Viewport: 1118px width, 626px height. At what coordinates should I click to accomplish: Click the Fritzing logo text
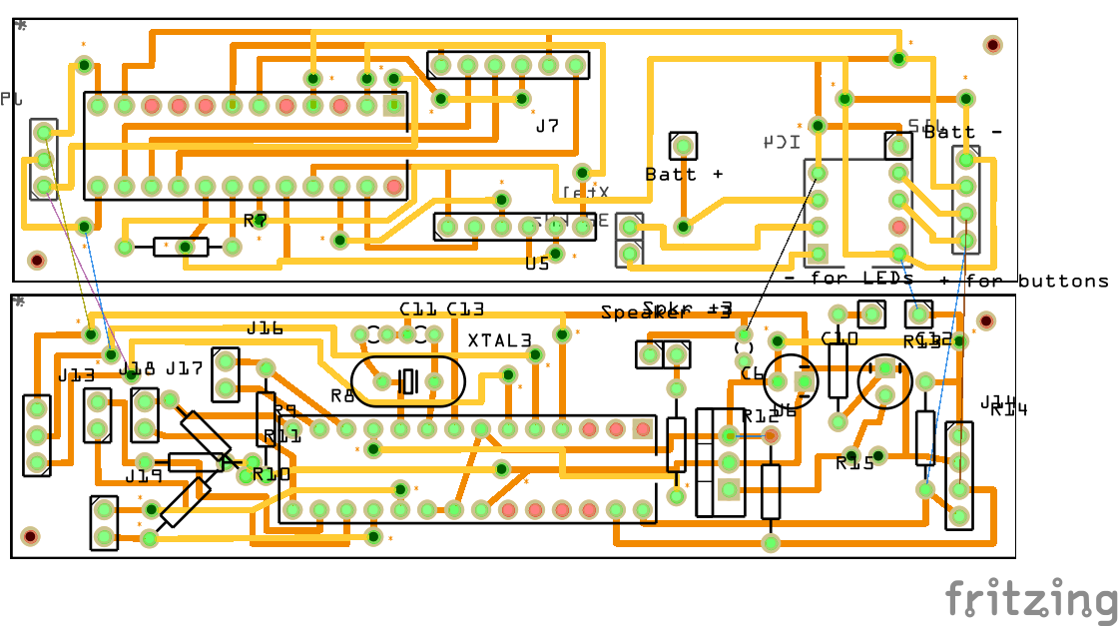point(1031,600)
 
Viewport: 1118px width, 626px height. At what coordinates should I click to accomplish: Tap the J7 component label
point(547,127)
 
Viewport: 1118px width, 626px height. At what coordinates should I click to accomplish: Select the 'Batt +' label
point(684,174)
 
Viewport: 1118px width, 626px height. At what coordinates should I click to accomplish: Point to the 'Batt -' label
point(962,132)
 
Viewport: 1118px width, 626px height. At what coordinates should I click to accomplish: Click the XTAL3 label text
point(500,340)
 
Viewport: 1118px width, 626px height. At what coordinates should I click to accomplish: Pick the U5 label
point(537,265)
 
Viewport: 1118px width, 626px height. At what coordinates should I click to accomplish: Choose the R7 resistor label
point(256,221)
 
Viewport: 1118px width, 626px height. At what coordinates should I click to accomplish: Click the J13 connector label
point(76,375)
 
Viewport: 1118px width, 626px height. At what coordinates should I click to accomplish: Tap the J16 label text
point(265,327)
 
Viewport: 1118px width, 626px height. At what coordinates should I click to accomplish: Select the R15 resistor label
point(854,463)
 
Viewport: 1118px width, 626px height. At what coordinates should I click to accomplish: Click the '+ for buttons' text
point(1024,282)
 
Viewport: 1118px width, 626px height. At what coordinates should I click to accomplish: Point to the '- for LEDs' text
point(848,278)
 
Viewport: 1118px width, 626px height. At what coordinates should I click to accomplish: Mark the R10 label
point(271,474)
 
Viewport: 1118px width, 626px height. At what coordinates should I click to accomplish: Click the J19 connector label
point(144,476)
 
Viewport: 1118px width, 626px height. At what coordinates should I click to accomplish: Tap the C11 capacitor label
point(418,310)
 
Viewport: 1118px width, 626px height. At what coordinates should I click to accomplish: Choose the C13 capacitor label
point(465,310)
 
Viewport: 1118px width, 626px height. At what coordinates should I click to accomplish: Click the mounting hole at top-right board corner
point(992,45)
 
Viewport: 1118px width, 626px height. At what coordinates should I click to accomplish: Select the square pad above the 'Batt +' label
point(684,146)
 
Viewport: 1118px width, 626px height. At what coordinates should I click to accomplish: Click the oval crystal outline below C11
point(407,381)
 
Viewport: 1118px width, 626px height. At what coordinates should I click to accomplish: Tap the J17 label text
point(185,368)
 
